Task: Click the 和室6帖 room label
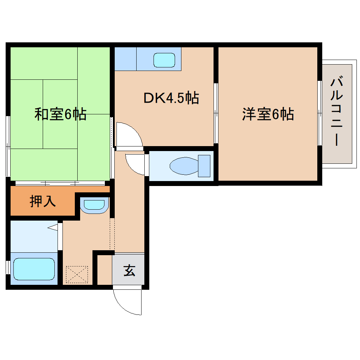(60, 114)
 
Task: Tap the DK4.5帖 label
(171, 98)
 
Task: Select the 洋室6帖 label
(268, 114)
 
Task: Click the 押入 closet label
(43, 201)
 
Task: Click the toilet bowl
(183, 166)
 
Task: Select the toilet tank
(204, 166)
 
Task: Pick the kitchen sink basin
(164, 60)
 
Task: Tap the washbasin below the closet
(93, 205)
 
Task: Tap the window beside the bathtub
(8, 268)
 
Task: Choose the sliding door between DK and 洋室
(216, 113)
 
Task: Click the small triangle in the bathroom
(53, 227)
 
